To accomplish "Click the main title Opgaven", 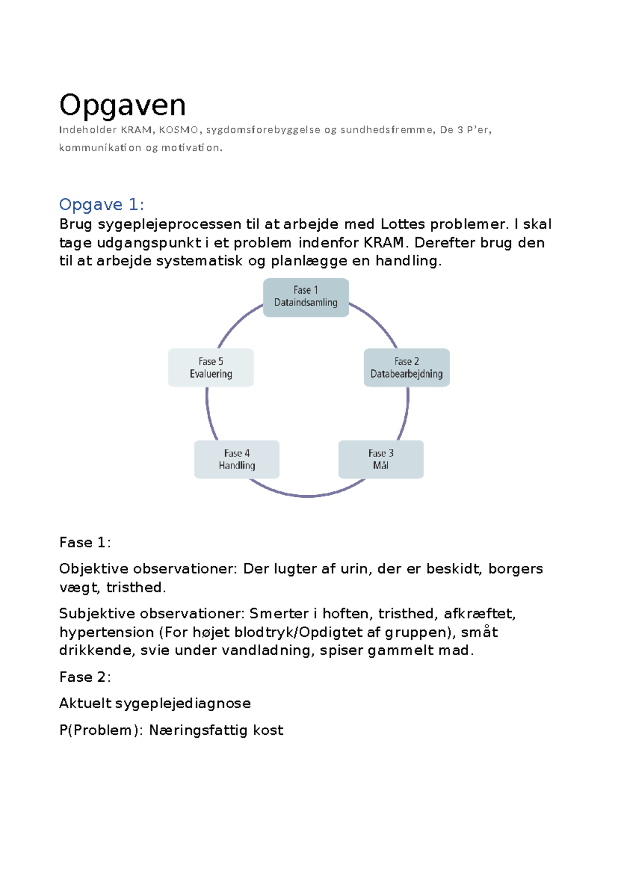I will click(122, 105).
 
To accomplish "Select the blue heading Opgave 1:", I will click(101, 205).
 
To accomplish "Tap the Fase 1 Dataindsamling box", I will click(306, 297).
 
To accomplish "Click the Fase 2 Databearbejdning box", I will click(406, 367).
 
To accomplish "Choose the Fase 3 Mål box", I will click(381, 459).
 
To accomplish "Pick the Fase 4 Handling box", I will click(237, 459).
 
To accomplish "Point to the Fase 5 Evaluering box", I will click(211, 367).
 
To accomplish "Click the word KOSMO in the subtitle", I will click(178, 130).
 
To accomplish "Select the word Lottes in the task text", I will click(403, 224).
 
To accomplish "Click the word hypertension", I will click(107, 632).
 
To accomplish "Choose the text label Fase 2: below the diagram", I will click(85, 677).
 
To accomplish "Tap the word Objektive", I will click(94, 569).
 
